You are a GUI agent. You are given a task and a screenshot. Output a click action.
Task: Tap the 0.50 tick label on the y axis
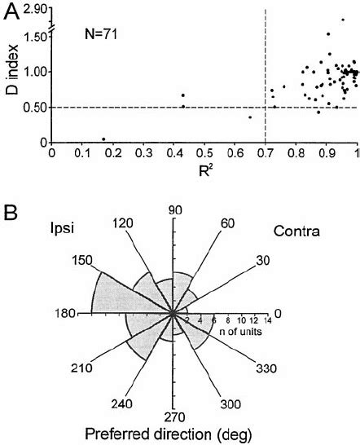coord(33,108)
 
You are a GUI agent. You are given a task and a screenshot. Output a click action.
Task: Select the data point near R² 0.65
coord(250,117)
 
